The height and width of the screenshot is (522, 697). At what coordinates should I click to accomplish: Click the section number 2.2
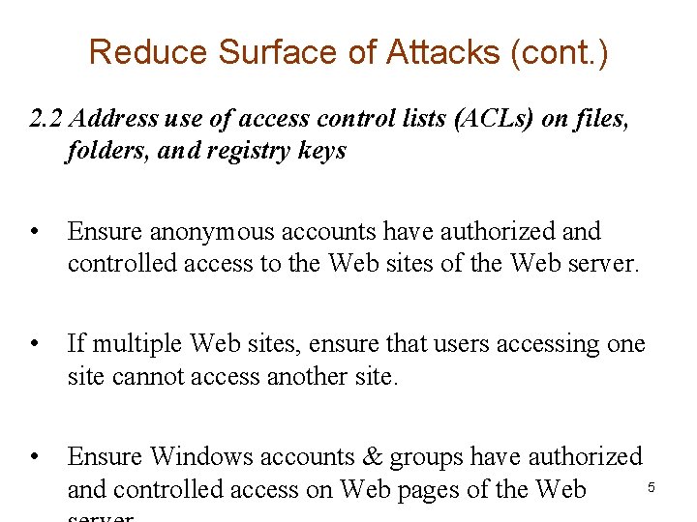coord(46,119)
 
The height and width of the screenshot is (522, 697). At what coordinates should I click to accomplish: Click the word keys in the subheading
coord(320,152)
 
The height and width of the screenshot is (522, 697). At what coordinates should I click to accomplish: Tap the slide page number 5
coord(652,488)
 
